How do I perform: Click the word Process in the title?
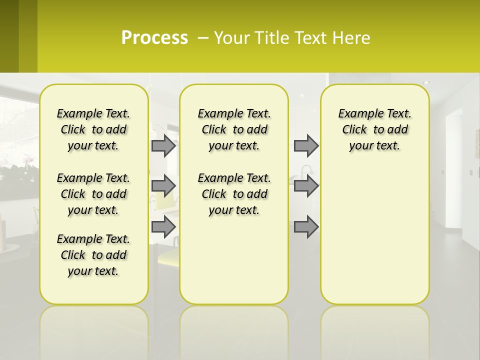154,37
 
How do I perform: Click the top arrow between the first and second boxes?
163,146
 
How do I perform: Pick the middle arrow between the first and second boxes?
163,185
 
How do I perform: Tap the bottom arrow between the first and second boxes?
163,226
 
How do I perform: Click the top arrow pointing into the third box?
306,146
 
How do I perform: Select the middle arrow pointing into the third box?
306,185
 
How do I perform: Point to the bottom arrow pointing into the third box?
306,226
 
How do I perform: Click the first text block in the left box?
93,129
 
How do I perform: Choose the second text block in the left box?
93,194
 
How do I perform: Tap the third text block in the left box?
93,255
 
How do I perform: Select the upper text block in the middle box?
234,129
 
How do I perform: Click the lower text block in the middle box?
234,194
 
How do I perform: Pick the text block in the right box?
375,129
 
